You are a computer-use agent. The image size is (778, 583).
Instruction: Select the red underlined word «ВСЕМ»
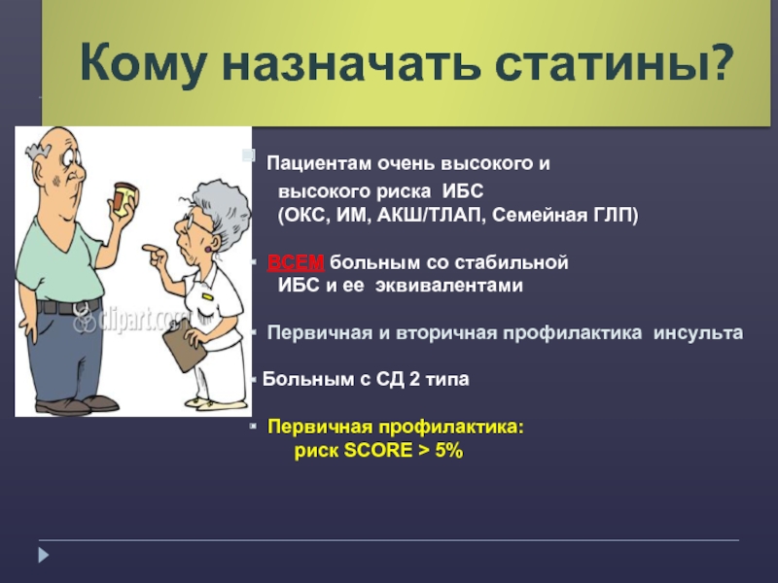click(x=296, y=262)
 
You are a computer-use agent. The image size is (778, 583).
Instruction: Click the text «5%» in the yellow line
click(x=448, y=451)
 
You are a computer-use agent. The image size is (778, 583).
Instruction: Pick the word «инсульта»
click(x=698, y=332)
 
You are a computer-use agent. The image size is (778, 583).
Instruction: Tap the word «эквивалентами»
click(x=449, y=286)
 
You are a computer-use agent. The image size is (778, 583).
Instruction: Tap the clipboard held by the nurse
click(x=184, y=345)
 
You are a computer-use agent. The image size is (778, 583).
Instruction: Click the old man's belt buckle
click(x=81, y=309)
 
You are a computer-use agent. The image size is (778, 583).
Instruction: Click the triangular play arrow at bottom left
click(x=44, y=555)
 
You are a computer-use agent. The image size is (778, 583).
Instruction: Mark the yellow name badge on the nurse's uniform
click(x=207, y=296)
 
